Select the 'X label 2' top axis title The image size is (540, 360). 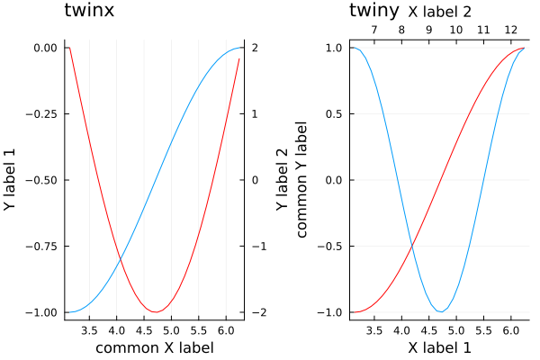[439, 12]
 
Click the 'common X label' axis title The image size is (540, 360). [155, 347]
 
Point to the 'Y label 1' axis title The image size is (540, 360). [11, 180]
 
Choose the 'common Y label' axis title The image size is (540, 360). [301, 180]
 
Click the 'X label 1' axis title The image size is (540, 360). [439, 347]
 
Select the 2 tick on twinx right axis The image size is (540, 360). [256, 48]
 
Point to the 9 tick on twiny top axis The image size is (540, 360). [428, 30]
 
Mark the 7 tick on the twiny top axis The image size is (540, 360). [373, 30]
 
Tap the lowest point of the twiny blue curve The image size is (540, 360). [440, 312]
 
